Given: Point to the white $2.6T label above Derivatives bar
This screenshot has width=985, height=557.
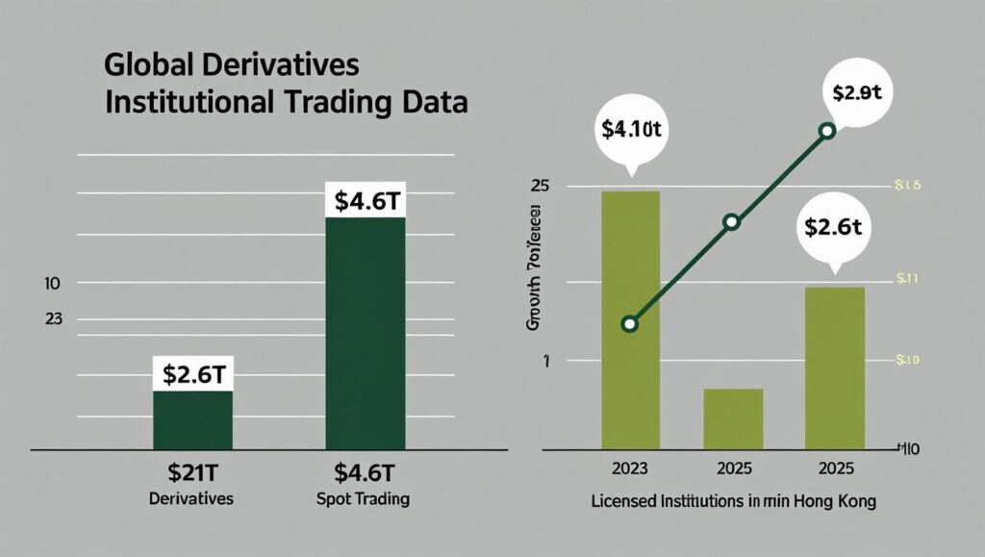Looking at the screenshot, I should click(192, 373).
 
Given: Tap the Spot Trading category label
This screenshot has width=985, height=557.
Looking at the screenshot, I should click(364, 499).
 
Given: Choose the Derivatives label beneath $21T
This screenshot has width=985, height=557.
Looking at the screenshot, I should click(192, 499).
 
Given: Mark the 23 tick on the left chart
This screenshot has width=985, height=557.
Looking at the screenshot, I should click(53, 319).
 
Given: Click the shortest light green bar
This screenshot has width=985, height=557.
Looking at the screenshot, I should click(733, 418).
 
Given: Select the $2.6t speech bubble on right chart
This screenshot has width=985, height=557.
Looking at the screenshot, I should click(834, 229).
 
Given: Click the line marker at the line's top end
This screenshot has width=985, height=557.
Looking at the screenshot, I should click(825, 131).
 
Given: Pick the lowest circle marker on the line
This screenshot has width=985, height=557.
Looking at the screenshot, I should click(630, 323).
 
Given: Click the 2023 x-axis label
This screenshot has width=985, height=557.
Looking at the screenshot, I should click(630, 471).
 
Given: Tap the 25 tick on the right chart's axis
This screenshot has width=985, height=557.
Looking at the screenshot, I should click(539, 185).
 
